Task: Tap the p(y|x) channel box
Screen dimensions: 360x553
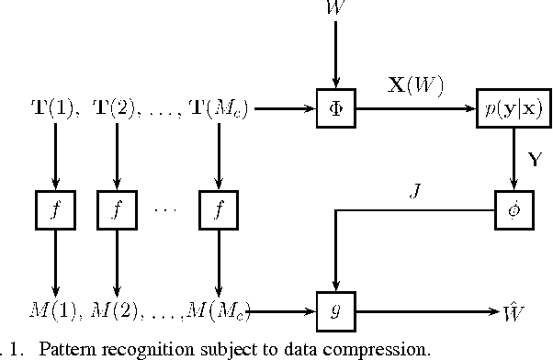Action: click(x=509, y=108)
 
